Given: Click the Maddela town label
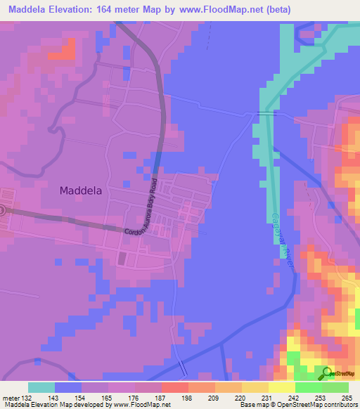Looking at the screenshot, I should [84, 190].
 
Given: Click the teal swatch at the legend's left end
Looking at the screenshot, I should [41, 387].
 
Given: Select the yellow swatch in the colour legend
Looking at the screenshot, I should [281, 387].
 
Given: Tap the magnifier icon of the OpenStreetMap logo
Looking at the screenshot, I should [328, 373].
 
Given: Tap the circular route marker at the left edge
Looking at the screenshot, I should [2, 209].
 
